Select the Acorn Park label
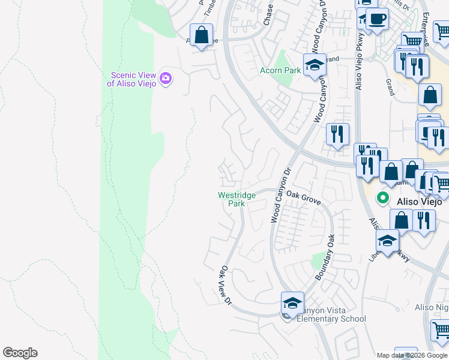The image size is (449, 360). (280, 70)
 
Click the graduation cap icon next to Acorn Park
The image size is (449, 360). (314, 65)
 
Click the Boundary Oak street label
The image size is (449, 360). (325, 257)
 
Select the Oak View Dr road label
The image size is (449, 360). (226, 284)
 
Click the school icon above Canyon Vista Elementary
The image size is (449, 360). (292, 303)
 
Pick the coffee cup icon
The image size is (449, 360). (377, 19)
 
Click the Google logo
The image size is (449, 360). (20, 353)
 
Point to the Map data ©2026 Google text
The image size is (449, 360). (412, 355)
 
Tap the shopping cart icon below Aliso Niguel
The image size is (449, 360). (440, 330)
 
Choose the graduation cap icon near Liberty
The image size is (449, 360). (387, 241)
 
